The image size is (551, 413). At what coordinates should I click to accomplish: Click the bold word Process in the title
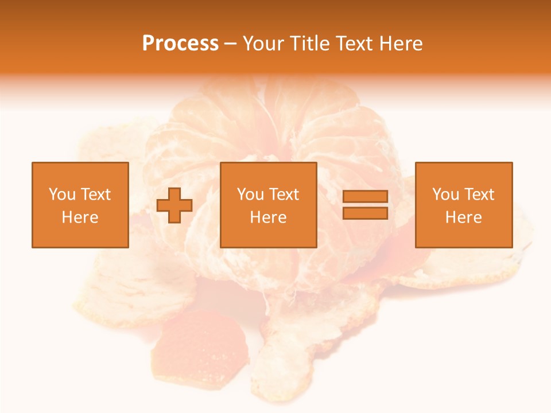[x=180, y=44]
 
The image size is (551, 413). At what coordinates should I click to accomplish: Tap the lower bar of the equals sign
[x=365, y=213]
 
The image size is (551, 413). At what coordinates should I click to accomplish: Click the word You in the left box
[x=61, y=194]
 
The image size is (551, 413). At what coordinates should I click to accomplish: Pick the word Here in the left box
[x=80, y=217]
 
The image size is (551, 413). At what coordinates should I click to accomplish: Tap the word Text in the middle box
[x=284, y=194]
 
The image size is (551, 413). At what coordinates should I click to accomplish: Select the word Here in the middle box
[x=268, y=217]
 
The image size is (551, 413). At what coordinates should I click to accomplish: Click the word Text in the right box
[x=479, y=194]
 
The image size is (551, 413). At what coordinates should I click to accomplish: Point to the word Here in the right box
[x=463, y=217]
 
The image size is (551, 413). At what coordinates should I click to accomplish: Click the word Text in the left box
[x=96, y=194]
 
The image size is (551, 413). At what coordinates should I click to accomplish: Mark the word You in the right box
[x=445, y=194]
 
